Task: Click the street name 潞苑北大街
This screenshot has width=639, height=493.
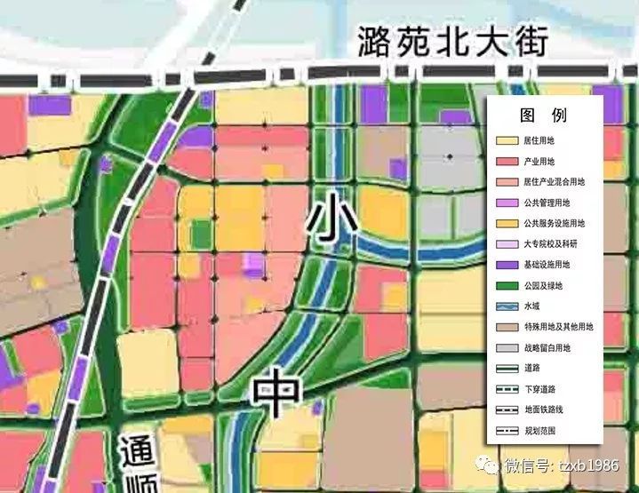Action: tap(452, 42)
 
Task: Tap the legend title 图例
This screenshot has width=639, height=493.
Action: tap(543, 116)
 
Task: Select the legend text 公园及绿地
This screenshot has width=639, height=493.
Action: tap(543, 285)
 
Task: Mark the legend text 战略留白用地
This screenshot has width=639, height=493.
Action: tap(547, 347)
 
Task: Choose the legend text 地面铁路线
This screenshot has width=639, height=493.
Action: tap(543, 410)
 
